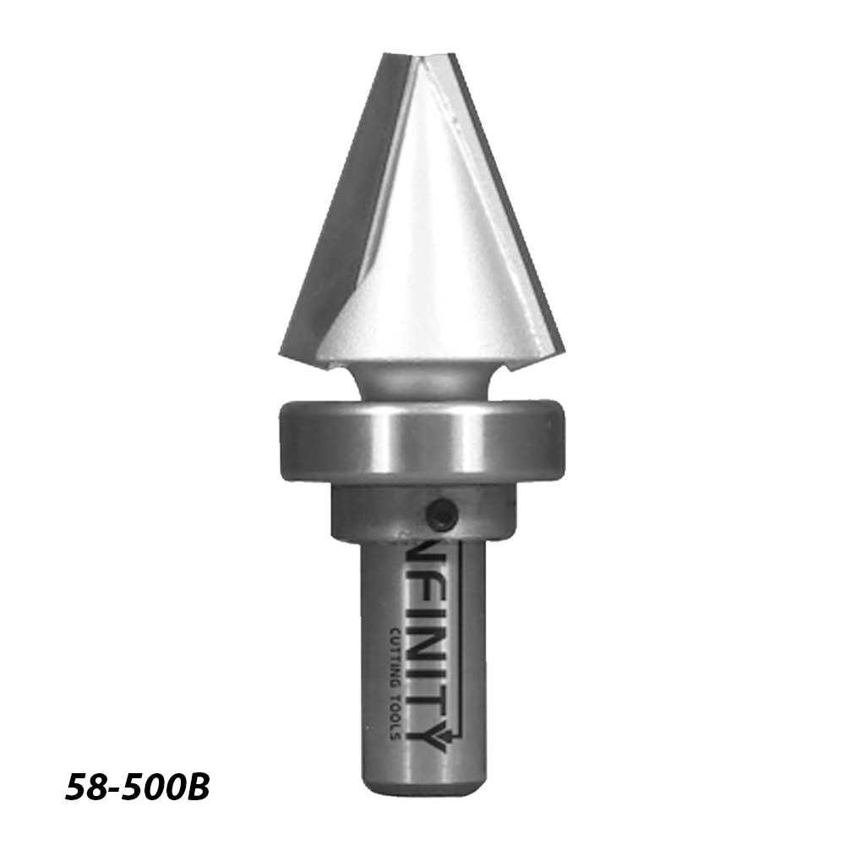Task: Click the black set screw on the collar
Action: click(x=440, y=512)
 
